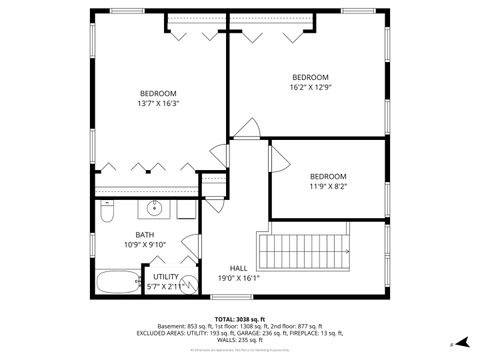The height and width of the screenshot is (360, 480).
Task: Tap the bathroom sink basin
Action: tap(155, 209)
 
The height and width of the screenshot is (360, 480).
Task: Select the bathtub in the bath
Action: tap(117, 279)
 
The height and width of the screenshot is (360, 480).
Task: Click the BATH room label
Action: tap(132, 235)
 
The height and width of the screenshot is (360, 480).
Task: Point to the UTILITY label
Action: tap(166, 277)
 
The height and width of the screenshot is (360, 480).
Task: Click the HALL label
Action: tap(239, 268)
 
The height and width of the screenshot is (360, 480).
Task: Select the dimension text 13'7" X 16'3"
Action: tap(158, 103)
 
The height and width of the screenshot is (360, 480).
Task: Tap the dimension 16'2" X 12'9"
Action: tap(310, 87)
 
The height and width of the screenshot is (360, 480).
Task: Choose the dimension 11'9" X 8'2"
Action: tap(327, 186)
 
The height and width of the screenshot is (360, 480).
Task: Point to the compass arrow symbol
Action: tap(461, 341)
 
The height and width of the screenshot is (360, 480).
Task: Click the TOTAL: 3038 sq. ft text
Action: tap(239, 317)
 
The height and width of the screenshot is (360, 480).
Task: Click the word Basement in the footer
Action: tap(173, 325)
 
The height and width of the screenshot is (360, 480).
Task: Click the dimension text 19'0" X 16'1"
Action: tap(239, 279)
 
